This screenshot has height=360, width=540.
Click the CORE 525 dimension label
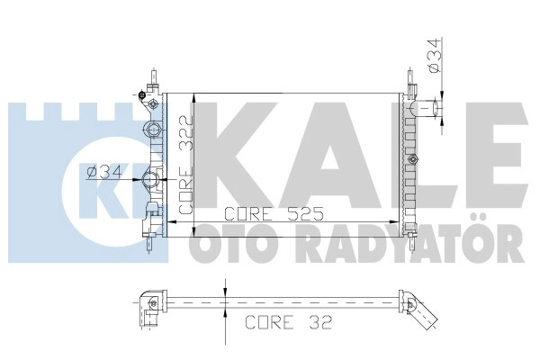pyautogui.click(x=274, y=214)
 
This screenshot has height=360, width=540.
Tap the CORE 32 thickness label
pyautogui.click(x=288, y=322)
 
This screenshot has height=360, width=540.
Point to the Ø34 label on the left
pyautogui.click(x=104, y=172)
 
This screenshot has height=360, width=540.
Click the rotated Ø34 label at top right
pyautogui.click(x=435, y=55)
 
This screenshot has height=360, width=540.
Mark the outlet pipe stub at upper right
pyautogui.click(x=426, y=108)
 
